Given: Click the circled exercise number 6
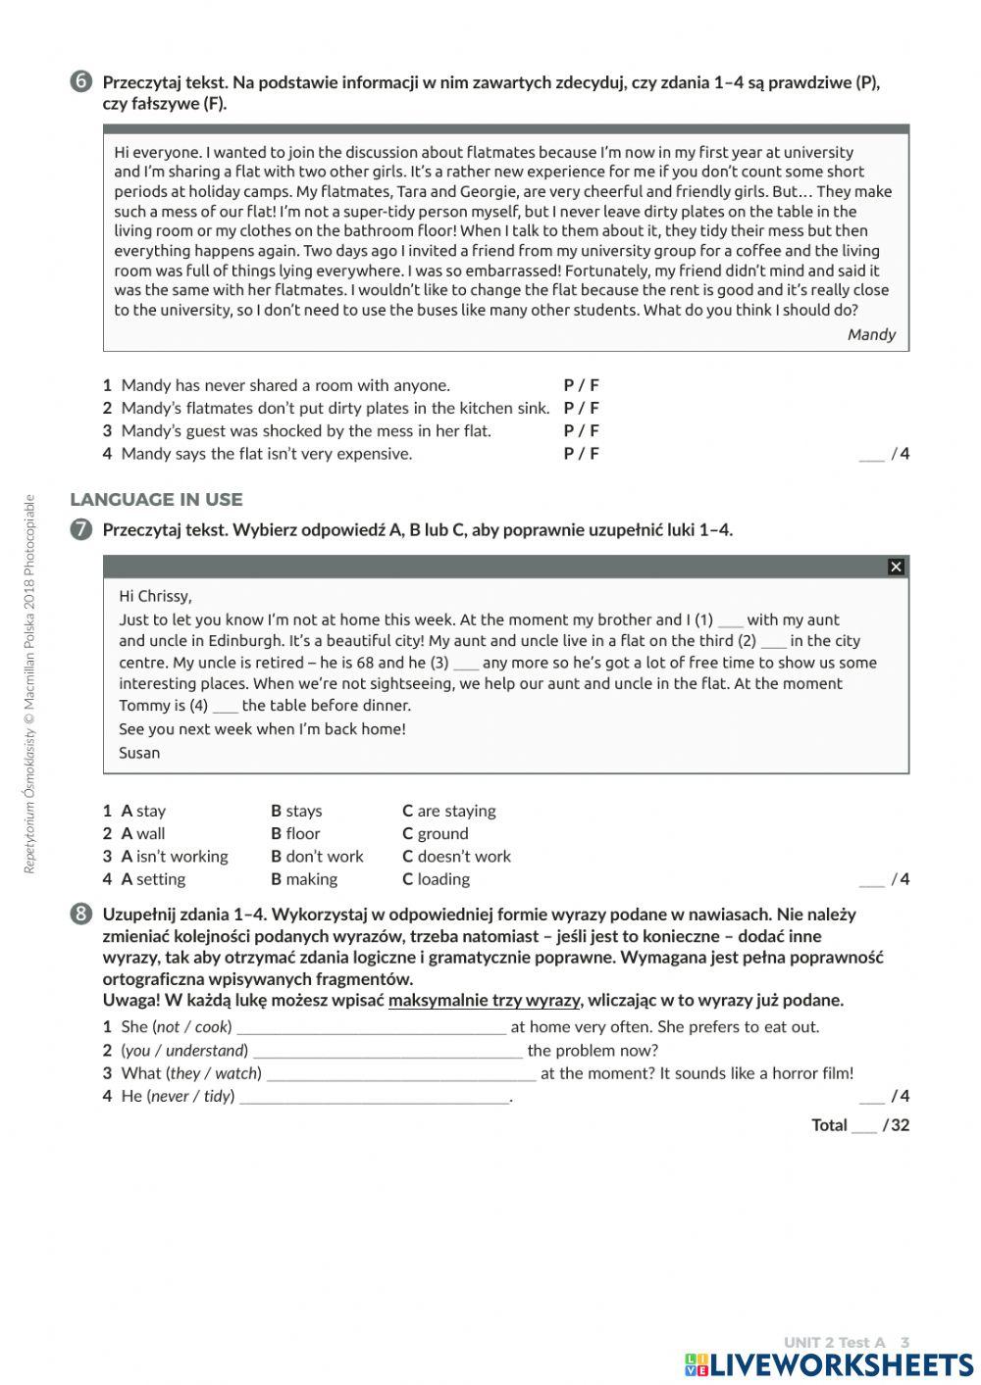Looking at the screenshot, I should (80, 82).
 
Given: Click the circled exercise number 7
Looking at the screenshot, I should (80, 530).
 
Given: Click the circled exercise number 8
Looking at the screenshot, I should (80, 915).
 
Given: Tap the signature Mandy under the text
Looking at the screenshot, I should (871, 334).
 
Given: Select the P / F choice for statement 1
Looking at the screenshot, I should (581, 385).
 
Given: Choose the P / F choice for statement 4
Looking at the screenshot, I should (581, 454).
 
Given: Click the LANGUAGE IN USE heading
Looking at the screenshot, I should (156, 500).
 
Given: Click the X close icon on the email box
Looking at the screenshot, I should (895, 568).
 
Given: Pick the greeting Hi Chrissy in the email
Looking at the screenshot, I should (155, 596).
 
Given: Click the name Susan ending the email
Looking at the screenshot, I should (139, 753).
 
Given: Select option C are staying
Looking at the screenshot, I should (448, 811).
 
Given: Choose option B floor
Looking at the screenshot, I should (295, 833).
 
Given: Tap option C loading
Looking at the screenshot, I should (436, 879).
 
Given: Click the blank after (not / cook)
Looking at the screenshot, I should (371, 1028).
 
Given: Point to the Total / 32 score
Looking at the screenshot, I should (860, 1125).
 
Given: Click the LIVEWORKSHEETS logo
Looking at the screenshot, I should (829, 1364).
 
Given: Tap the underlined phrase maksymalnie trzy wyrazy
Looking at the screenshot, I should (484, 1001).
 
